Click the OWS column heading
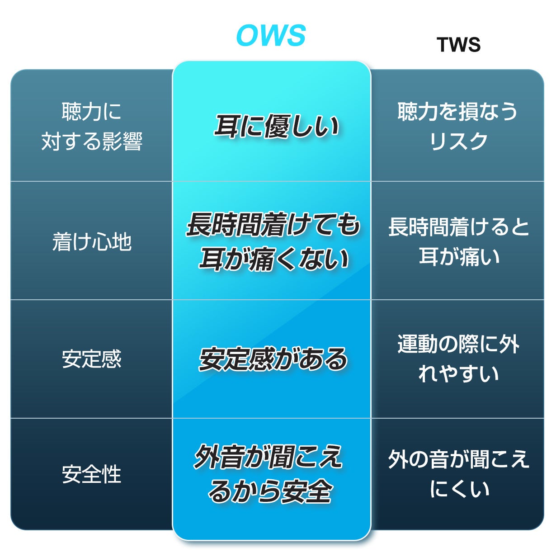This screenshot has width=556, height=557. point(271,35)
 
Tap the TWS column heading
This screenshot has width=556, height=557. point(458,45)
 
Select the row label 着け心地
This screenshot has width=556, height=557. point(92,242)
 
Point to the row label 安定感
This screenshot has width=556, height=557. point(92,359)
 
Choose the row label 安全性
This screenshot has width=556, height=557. point(92,474)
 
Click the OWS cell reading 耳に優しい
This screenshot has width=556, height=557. point(276,126)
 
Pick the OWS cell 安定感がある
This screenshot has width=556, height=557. point(273,359)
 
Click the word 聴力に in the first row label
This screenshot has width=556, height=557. point(92,111)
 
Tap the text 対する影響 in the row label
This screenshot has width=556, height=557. point(92,141)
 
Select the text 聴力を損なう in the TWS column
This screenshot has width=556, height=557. point(457,111)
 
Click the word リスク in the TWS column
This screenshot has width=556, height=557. point(458,141)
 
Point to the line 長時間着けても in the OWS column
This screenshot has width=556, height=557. point(273,225)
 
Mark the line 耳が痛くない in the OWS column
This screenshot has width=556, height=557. point(274,259)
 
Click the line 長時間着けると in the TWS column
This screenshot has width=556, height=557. point(458,227)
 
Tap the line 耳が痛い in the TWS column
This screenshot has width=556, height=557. point(459,256)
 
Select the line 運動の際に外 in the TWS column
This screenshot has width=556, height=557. point(458,344)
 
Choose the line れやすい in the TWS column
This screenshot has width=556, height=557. point(458,373)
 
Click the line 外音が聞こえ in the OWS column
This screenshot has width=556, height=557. point(269,457)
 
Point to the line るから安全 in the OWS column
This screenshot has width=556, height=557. point(270,491)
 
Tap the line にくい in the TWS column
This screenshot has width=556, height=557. point(459,489)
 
